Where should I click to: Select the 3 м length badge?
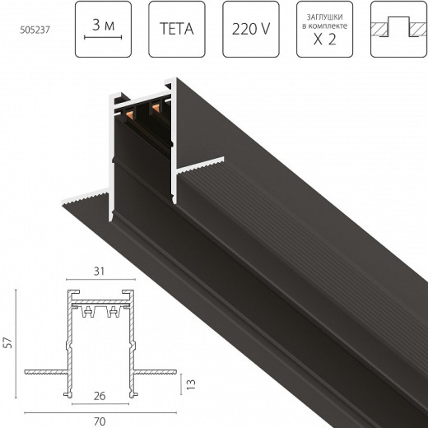103,30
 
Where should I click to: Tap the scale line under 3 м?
103,40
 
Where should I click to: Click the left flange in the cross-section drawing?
46,367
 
